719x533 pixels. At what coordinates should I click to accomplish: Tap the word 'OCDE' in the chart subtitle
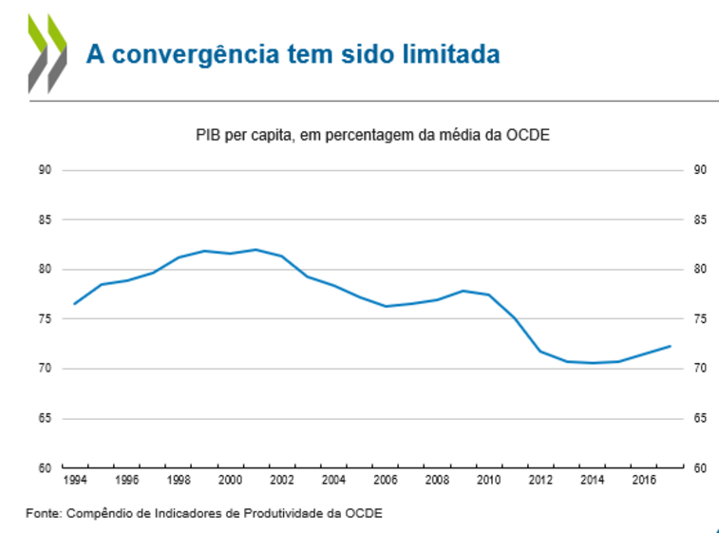click(x=531, y=136)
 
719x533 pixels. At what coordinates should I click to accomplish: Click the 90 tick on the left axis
click(x=44, y=170)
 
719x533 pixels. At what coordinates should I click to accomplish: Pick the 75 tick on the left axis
click(x=44, y=319)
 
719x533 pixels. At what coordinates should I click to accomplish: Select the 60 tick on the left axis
click(x=44, y=467)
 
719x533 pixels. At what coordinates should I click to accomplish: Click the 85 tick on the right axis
click(x=700, y=219)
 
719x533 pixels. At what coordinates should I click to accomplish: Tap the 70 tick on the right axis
click(x=700, y=369)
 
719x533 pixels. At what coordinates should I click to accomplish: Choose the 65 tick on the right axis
click(x=700, y=418)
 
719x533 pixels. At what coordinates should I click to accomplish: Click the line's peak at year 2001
click(x=255, y=250)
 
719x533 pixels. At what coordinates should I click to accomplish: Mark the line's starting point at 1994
click(x=74, y=304)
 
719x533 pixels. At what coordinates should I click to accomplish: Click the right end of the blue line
click(x=671, y=346)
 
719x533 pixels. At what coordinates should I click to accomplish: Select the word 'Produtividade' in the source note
click(x=274, y=513)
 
